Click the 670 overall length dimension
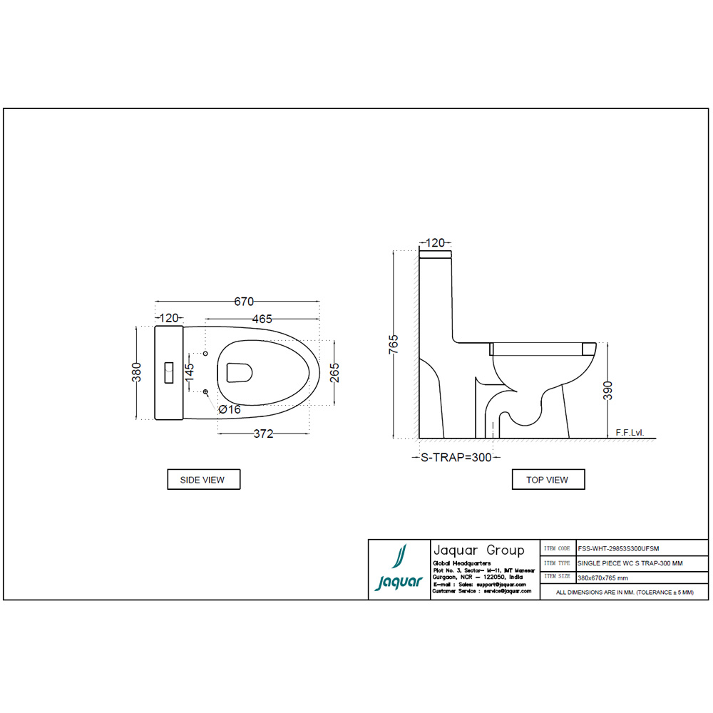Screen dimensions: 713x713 (245, 302)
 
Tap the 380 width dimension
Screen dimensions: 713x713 (137, 372)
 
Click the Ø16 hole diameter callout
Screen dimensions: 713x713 (230, 409)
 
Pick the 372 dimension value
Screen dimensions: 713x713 (263, 434)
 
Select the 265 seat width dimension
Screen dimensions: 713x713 (334, 373)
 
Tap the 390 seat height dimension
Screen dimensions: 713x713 (607, 391)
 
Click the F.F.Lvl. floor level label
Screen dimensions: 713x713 (629, 433)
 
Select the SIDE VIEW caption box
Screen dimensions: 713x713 (203, 480)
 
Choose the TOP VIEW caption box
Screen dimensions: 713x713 (548, 480)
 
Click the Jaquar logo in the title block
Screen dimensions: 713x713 (399, 569)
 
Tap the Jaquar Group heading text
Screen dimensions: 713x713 (478, 550)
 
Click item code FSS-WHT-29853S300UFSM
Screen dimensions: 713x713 (618, 548)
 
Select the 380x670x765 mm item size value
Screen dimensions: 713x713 (602, 578)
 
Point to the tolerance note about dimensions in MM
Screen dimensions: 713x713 (624, 593)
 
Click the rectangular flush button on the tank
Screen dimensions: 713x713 (170, 373)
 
